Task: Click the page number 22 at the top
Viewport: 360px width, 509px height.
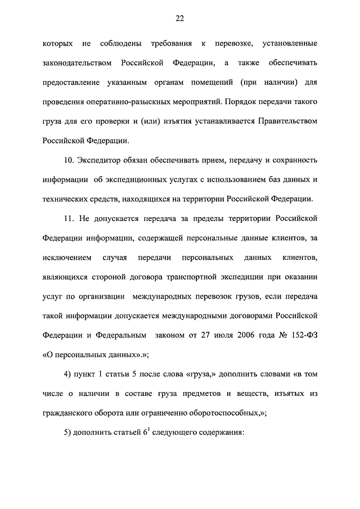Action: (179, 19)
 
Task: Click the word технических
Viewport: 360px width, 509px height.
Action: (66, 200)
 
